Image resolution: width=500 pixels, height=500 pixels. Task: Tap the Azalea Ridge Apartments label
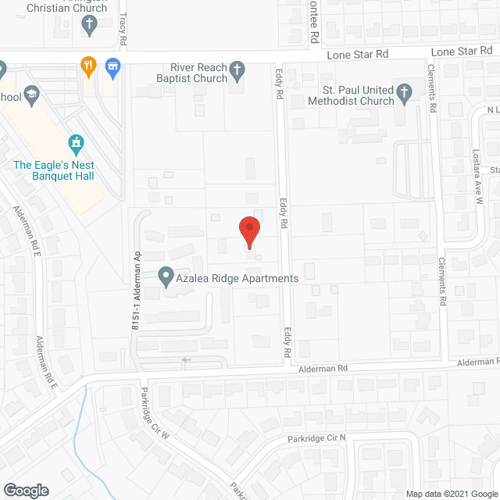tap(237, 278)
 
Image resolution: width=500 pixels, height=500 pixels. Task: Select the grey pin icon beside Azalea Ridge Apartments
tap(166, 276)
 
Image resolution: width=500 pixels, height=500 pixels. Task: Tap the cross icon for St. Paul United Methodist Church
tap(404, 95)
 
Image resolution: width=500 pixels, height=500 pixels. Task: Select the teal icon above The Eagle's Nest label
tap(76, 144)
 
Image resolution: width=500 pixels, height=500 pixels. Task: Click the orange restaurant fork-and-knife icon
tap(89, 66)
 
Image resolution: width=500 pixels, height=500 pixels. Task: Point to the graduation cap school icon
tap(32, 97)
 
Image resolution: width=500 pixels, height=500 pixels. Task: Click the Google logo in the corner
tap(25, 491)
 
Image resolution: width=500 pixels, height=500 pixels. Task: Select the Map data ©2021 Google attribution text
tap(452, 494)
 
